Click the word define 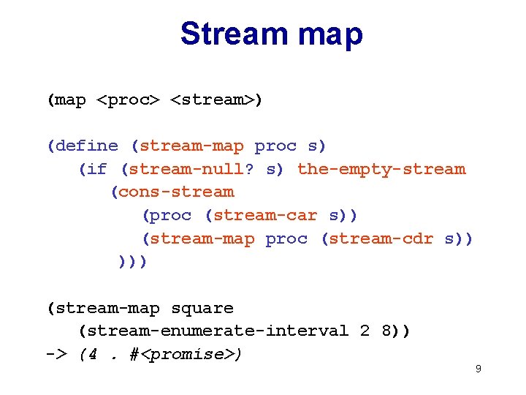point(85,146)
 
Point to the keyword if point(96,169)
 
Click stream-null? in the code point(191,169)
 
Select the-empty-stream point(381,169)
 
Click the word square point(202,308)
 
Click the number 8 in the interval point(386,331)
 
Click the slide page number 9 point(478,369)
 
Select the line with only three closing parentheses point(133,261)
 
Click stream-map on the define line point(191,146)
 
